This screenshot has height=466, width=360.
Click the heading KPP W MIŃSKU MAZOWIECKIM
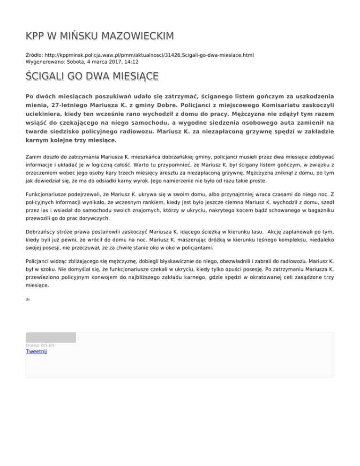100,36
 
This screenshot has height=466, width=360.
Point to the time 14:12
131,61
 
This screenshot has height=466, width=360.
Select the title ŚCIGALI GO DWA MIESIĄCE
92,76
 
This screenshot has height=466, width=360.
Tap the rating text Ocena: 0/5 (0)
40,346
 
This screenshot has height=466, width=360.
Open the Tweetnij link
37,351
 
